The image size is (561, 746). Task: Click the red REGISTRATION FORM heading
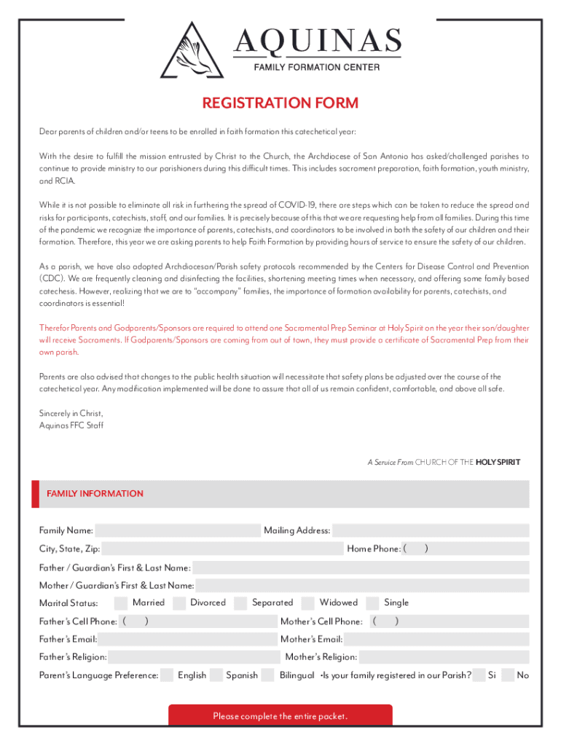pyautogui.click(x=280, y=103)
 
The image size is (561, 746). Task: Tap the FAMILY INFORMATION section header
pyautogui.click(x=95, y=494)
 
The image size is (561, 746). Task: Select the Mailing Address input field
pyautogui.click(x=430, y=530)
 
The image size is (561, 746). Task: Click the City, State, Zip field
pyautogui.click(x=222, y=549)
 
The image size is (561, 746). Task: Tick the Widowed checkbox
pyautogui.click(x=308, y=602)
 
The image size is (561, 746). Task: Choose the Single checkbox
pyautogui.click(x=372, y=602)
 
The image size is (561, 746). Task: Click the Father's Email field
pyautogui.click(x=186, y=640)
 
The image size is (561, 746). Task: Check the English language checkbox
pyautogui.click(x=167, y=675)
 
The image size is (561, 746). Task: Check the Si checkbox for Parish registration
pyautogui.click(x=479, y=675)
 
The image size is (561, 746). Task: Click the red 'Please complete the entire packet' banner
pyautogui.click(x=280, y=716)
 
